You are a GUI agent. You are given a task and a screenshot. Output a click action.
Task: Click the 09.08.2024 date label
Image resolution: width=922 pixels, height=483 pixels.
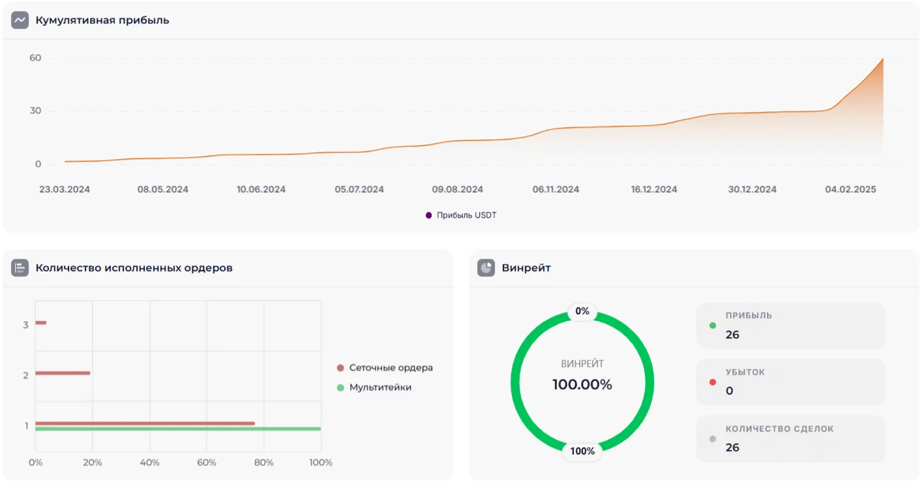457,190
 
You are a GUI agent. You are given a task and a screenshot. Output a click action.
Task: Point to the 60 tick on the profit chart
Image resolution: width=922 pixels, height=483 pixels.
35,58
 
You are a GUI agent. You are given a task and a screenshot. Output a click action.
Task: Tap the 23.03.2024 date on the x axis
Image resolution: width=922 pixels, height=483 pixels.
65,190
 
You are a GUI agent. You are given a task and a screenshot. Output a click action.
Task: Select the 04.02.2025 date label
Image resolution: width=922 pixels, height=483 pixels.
850,190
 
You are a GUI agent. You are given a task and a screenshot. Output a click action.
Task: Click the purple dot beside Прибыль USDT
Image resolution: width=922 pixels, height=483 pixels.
428,215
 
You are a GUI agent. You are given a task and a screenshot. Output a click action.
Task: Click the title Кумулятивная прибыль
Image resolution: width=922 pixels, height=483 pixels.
102,20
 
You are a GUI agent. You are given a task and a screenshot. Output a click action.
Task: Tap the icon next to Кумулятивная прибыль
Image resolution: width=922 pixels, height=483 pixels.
20,20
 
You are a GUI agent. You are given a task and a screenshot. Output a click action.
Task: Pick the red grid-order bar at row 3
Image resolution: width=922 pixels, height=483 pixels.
40,323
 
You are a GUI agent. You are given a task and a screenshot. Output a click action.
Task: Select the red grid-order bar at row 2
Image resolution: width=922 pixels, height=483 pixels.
63,373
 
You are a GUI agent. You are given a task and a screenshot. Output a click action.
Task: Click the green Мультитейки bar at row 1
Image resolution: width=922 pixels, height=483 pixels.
177,429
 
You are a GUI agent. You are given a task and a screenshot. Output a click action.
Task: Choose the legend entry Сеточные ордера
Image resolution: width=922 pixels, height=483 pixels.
391,368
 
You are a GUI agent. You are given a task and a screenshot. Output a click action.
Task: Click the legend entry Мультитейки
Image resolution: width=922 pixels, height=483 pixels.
380,387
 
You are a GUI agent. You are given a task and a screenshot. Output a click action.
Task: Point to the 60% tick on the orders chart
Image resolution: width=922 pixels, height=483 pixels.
207,462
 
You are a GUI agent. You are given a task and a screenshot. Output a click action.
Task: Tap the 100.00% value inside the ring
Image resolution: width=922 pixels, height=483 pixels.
582,385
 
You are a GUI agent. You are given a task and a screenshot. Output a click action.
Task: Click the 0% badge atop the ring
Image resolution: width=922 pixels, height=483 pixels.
582,312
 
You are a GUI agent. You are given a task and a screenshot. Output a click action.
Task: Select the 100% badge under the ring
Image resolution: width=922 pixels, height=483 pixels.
582,451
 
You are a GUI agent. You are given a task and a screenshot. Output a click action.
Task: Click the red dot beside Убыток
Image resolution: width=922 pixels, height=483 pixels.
713,382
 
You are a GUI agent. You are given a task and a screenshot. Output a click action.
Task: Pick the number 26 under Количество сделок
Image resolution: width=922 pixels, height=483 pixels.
732,448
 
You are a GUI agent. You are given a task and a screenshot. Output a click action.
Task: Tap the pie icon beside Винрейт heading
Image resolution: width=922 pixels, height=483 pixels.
486,268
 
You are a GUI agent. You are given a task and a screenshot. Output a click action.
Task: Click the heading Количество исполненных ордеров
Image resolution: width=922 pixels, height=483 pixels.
134,268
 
